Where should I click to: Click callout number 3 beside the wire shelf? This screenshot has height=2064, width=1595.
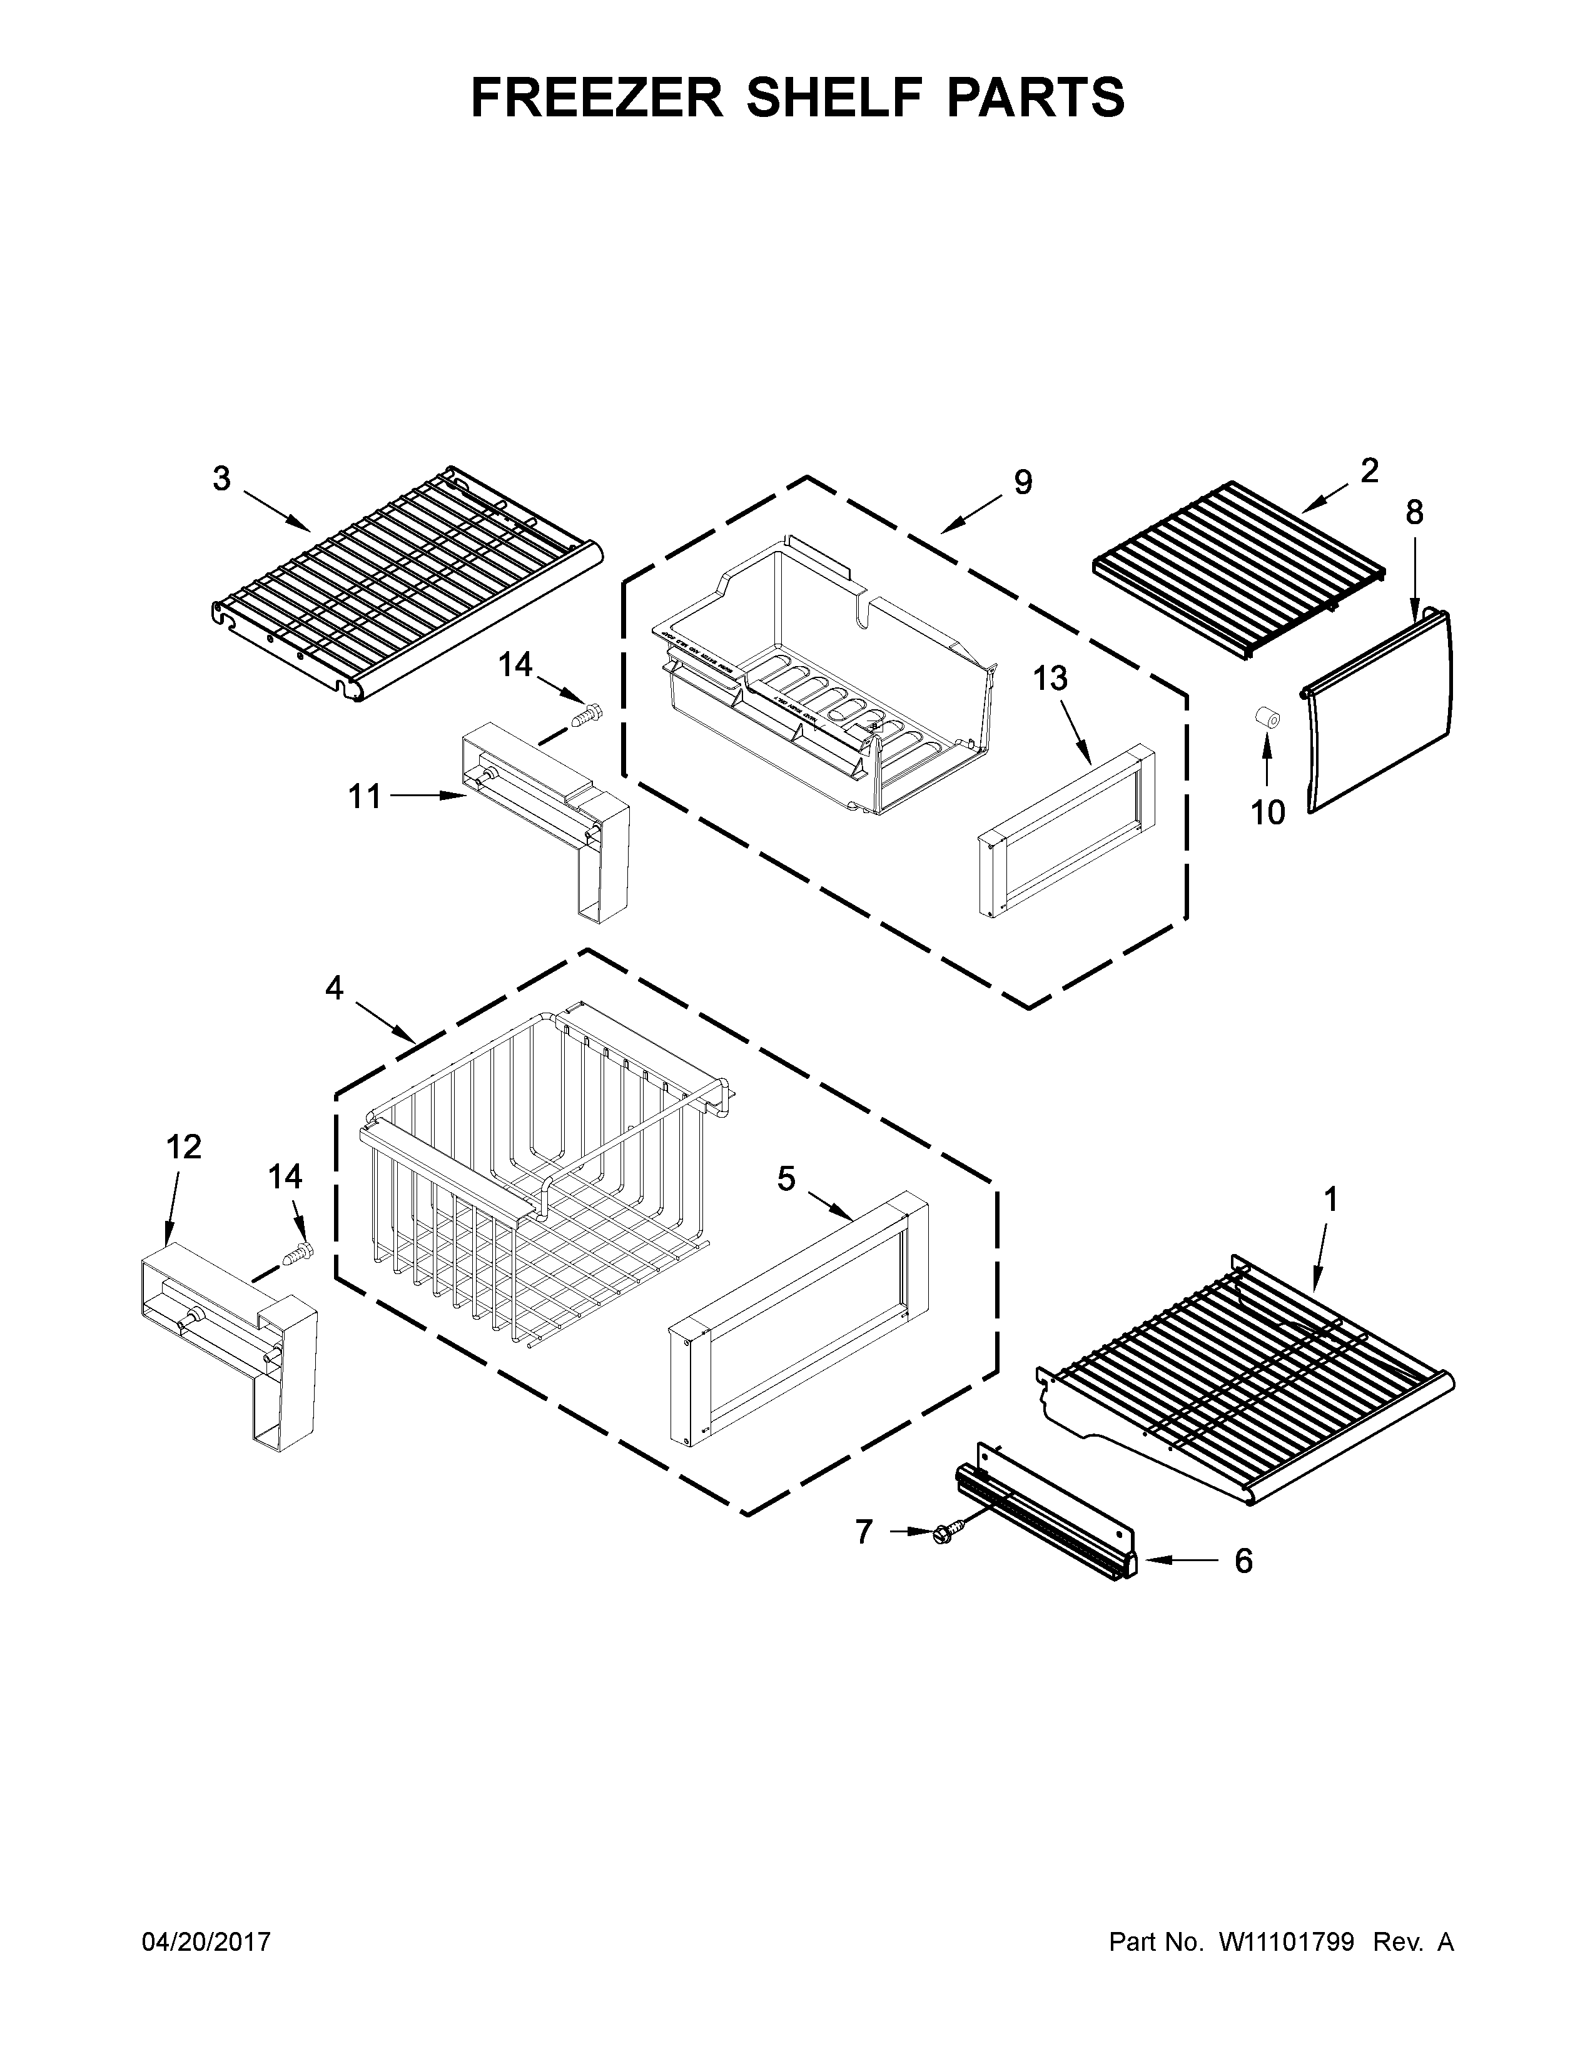click(221, 479)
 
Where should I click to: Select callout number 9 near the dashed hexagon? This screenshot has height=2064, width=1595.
click(1023, 482)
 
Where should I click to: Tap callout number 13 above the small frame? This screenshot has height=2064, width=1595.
click(1050, 677)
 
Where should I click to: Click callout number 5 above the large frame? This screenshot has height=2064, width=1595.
click(786, 1178)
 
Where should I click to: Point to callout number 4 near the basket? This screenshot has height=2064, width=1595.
click(335, 988)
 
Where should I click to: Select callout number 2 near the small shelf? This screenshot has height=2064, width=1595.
click(1369, 470)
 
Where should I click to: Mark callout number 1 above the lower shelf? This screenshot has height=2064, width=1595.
click(1330, 1200)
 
